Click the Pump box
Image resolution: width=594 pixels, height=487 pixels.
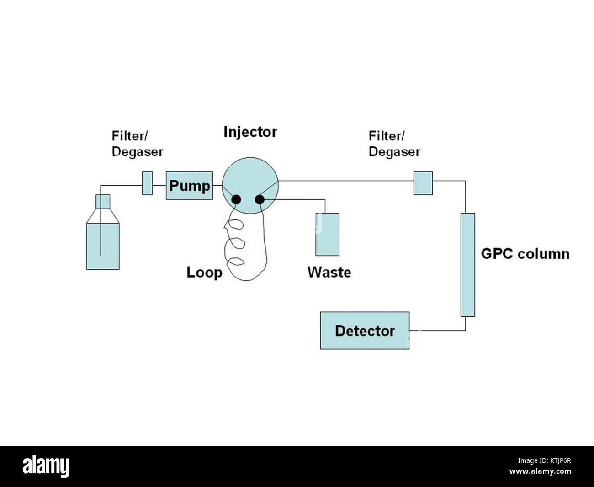tap(189, 185)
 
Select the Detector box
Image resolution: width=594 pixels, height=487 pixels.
tap(364, 331)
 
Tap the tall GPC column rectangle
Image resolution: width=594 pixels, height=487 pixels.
tap(467, 265)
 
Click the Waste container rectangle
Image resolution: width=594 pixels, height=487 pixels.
tap(327, 234)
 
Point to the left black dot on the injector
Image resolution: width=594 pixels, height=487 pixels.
tap(237, 199)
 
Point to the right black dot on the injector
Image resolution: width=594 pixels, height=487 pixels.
tap(260, 199)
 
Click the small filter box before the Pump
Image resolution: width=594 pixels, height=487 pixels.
tap(147, 183)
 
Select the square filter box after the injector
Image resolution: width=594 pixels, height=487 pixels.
tap(423, 183)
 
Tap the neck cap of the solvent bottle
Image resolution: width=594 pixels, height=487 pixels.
tap(103, 201)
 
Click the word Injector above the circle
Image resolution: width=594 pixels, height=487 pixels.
tap(250, 132)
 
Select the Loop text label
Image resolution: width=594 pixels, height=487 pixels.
tap(204, 273)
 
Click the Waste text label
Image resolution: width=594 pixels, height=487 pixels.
tap(329, 273)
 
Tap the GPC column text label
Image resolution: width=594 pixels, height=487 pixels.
tap(525, 254)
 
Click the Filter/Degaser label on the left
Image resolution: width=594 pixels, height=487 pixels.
tap(137, 144)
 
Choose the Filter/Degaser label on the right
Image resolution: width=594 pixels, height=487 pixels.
tap(394, 144)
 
